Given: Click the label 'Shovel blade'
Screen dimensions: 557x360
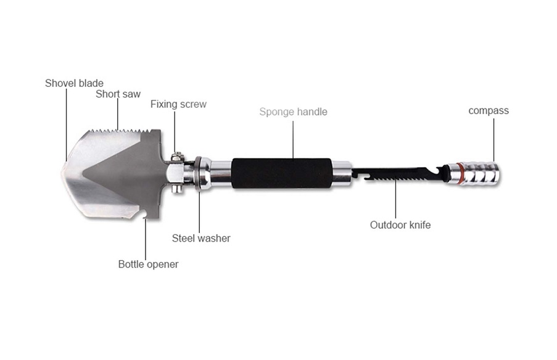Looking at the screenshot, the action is click(x=74, y=83).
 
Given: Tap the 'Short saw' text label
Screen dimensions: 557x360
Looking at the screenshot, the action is click(x=118, y=94).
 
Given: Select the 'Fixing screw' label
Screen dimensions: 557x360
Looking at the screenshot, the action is click(x=178, y=104).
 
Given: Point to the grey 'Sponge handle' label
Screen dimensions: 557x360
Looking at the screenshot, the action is click(x=293, y=112).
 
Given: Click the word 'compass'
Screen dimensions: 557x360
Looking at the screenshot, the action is click(x=489, y=111).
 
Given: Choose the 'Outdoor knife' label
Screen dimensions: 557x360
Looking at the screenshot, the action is click(x=400, y=225).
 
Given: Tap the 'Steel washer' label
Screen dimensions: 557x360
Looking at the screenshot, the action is click(x=201, y=238).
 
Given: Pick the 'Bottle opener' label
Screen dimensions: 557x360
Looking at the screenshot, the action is click(x=148, y=264).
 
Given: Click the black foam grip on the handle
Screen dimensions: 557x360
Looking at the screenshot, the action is click(x=282, y=173).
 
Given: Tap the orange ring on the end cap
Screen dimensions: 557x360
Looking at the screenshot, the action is click(x=459, y=174).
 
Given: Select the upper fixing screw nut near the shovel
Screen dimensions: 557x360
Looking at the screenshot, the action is click(x=176, y=156).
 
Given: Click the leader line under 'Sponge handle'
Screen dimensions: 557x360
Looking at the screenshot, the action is click(x=293, y=139).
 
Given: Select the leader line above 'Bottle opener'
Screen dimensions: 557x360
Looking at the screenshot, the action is click(x=146, y=239).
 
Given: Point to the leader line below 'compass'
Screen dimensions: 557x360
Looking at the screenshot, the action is click(x=493, y=140).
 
